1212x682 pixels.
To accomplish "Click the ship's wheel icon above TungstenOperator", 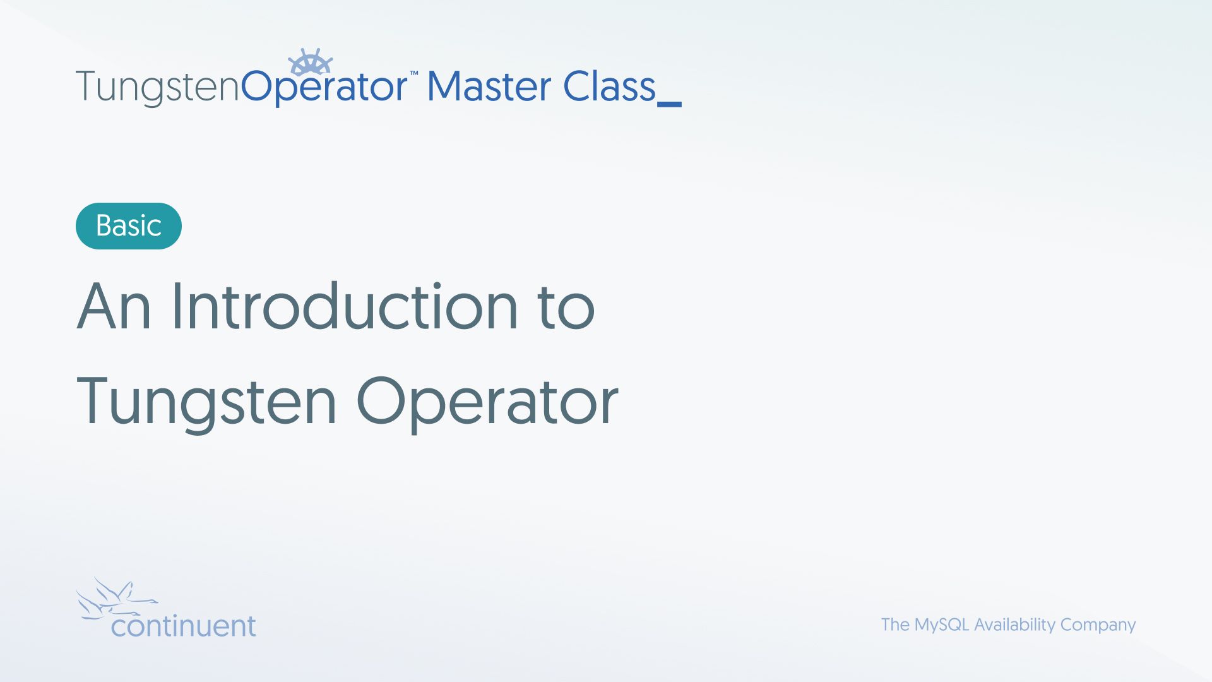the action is pos(310,62).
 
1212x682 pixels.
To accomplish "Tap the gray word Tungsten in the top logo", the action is pos(158,87).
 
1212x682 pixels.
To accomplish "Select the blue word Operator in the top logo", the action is pos(324,87).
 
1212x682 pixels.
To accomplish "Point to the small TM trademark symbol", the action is pos(414,73).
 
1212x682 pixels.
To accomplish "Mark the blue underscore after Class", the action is pos(669,104).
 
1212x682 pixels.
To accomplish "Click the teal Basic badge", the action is pos(129,226).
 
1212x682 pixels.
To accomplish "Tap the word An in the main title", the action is pos(114,306).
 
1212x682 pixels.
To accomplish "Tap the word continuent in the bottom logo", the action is pos(184,626).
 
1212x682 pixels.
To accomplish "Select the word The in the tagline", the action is pos(895,625).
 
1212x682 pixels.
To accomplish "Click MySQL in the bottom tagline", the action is pos(942,625).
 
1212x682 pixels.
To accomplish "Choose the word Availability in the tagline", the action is pos(1014,625).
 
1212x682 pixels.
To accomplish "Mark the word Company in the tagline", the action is pos(1098,625).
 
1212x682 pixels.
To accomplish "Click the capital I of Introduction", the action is pos(175,306).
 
